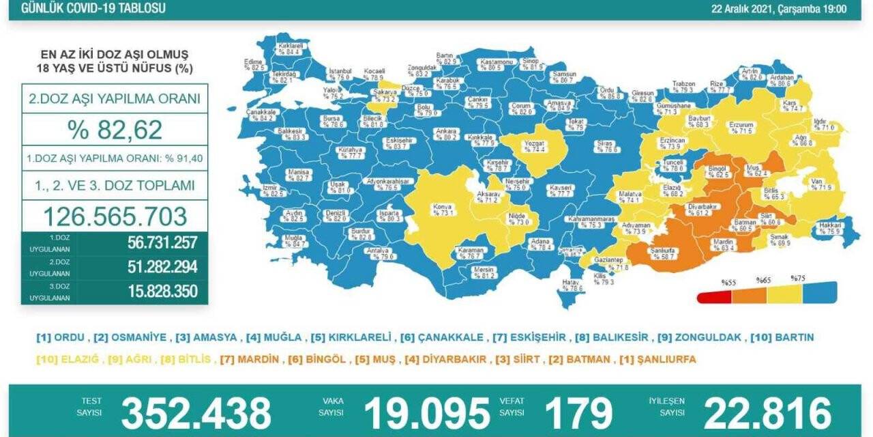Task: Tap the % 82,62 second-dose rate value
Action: (114, 128)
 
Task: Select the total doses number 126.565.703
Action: (115, 216)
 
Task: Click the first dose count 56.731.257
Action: (162, 242)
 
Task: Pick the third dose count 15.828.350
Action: (162, 292)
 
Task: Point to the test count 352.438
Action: (196, 413)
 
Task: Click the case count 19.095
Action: (426, 413)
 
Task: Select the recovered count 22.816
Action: (767, 413)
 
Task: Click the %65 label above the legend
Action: (763, 280)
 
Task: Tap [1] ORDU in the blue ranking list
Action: (61, 337)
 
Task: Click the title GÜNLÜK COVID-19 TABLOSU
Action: (93, 9)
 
